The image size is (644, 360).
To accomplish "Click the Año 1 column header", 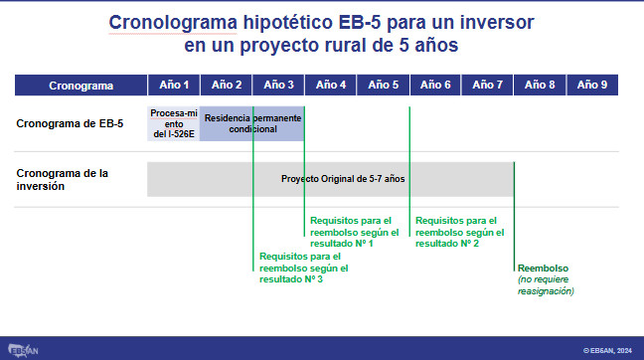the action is click(174, 86).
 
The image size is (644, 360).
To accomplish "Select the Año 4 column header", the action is click(331, 86).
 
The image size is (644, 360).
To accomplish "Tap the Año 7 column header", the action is click(487, 86).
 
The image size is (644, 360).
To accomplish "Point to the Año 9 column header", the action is click(592, 86).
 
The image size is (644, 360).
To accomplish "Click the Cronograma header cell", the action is click(80, 86).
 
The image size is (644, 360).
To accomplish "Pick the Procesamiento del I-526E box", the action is click(174, 123).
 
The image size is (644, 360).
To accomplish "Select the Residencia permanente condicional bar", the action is click(252, 123).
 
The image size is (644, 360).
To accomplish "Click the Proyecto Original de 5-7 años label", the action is click(343, 179).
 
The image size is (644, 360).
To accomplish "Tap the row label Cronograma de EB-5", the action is click(70, 123).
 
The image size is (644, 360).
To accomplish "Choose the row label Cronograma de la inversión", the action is click(62, 180).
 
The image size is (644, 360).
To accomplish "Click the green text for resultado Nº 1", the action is click(354, 232).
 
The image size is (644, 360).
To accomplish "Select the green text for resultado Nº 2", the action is click(459, 232).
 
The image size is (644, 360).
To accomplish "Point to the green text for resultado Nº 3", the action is click(303, 268).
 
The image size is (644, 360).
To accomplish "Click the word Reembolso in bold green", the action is click(543, 268).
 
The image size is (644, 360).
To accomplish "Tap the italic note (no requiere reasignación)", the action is click(546, 285).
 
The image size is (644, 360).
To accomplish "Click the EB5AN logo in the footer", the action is click(23, 350).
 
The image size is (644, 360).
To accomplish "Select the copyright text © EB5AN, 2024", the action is click(607, 350).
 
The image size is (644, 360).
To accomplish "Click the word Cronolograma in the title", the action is click(173, 22).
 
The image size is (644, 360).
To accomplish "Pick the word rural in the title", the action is click(342, 45).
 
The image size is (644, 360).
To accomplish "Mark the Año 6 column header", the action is click(435, 86).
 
